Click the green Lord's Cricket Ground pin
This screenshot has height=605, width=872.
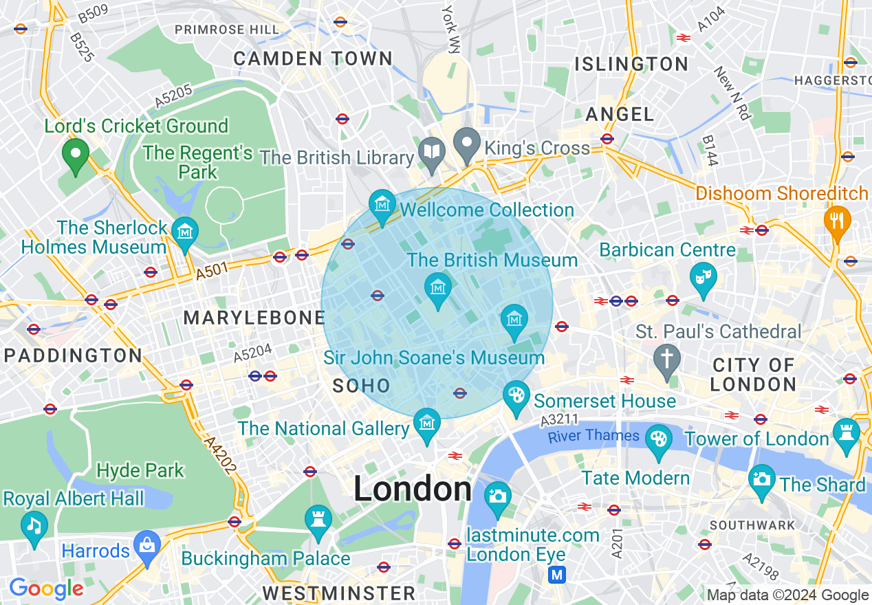[x=75, y=153]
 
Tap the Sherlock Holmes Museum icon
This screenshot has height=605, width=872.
[x=184, y=232]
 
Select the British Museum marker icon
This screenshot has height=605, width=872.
[x=437, y=288]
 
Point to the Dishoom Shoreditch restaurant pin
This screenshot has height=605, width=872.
[x=838, y=220]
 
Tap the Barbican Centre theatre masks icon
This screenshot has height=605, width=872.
[x=703, y=278]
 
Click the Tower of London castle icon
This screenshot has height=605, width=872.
[x=846, y=434]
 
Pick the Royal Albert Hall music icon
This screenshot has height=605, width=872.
[x=34, y=526]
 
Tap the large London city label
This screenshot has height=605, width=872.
[x=413, y=489]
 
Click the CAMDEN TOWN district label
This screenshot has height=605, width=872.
[x=313, y=58]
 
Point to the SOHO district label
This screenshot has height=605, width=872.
[x=361, y=386]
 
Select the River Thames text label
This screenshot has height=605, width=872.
[x=593, y=436]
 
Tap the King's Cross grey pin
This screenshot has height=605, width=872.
[x=468, y=144]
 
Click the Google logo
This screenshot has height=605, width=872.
[x=46, y=588]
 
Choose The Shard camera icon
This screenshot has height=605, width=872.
[x=761, y=478]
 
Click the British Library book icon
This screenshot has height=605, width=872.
[x=432, y=154]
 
